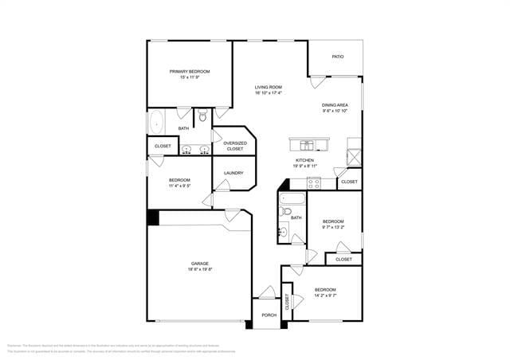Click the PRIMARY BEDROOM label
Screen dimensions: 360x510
point(189,72)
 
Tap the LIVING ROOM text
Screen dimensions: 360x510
point(268,87)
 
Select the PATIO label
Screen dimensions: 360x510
point(338,57)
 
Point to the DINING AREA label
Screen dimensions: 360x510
point(335,105)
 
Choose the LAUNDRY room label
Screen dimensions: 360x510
point(233,173)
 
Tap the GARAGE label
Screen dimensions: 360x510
point(199,264)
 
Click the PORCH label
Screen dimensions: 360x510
point(269,315)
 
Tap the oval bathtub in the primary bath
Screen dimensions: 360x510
point(157,123)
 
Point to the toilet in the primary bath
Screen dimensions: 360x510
point(203,117)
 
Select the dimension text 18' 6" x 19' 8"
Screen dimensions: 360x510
point(199,270)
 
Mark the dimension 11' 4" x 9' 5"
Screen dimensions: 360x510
point(179,186)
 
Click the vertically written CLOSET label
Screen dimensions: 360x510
point(287,301)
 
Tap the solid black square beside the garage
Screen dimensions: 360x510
point(153,217)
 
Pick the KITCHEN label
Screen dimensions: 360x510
point(304,160)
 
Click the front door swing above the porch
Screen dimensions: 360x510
point(268,293)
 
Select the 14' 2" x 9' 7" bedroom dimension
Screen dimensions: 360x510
point(324,295)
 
